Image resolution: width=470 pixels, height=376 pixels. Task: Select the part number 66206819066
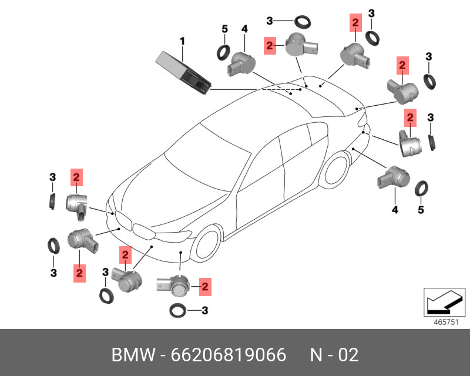[229, 355]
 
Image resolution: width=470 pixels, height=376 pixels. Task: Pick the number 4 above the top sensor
[244, 28]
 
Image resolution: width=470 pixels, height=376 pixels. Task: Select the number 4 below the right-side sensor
[395, 209]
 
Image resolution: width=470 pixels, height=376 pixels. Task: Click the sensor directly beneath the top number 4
[240, 62]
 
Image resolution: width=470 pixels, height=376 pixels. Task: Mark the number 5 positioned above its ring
[224, 29]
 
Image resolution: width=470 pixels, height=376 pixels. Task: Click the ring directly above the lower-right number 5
[421, 189]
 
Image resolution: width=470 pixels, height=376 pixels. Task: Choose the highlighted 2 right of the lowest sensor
[205, 287]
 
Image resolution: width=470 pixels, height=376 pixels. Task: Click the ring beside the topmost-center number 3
[303, 22]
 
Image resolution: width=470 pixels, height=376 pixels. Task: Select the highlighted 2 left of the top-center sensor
[270, 45]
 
